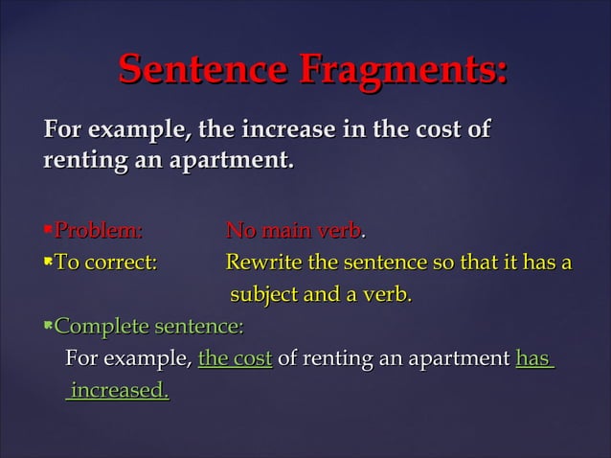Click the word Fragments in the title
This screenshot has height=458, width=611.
click(403, 70)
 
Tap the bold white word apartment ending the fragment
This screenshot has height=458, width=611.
click(231, 156)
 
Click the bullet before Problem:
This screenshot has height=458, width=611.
click(48, 229)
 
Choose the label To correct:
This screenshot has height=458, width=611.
click(105, 263)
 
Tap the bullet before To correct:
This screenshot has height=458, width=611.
click(48, 262)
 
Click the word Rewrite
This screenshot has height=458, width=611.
click(260, 263)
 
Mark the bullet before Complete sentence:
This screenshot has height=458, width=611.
click(48, 326)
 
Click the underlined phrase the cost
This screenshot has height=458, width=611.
click(235, 359)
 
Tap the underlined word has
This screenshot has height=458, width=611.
click(532, 359)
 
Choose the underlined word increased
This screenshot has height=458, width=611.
click(119, 391)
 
